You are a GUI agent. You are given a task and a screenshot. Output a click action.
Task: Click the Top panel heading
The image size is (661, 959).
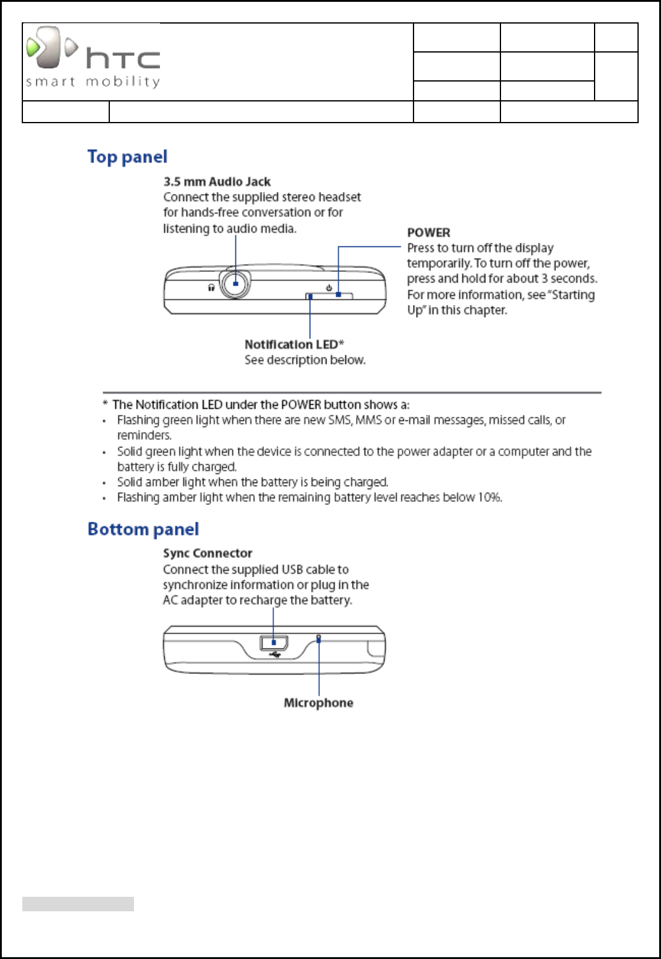[x=127, y=157]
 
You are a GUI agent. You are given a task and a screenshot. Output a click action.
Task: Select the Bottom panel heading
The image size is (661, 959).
[x=143, y=529]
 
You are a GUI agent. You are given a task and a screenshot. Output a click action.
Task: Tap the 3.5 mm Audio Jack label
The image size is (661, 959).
[x=217, y=182]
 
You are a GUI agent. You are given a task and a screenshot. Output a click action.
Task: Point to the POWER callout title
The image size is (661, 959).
[x=429, y=233]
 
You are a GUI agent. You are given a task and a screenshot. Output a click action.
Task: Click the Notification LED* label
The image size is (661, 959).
[x=294, y=344]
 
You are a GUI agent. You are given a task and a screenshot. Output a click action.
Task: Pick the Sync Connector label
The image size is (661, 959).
[x=208, y=553]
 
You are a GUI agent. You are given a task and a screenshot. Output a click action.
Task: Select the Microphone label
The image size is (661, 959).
[x=318, y=703]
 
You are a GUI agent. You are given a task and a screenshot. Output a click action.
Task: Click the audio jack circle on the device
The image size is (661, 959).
[x=235, y=283]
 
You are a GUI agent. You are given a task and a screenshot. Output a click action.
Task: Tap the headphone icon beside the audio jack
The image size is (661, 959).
[x=211, y=287]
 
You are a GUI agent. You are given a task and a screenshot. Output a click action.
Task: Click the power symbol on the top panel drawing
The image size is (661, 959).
[x=329, y=287]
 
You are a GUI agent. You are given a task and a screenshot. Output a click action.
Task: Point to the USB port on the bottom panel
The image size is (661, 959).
[x=274, y=643]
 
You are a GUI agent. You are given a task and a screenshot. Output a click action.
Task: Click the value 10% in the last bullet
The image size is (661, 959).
[x=490, y=498]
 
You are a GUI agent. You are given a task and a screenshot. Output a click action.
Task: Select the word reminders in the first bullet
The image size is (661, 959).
[x=144, y=435]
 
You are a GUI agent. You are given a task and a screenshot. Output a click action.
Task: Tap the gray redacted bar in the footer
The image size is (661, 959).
[x=78, y=903]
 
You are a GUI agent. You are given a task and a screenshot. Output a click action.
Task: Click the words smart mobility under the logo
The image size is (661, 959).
[x=93, y=82]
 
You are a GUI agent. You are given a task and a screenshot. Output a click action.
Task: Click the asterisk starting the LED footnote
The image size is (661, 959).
[x=105, y=404]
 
